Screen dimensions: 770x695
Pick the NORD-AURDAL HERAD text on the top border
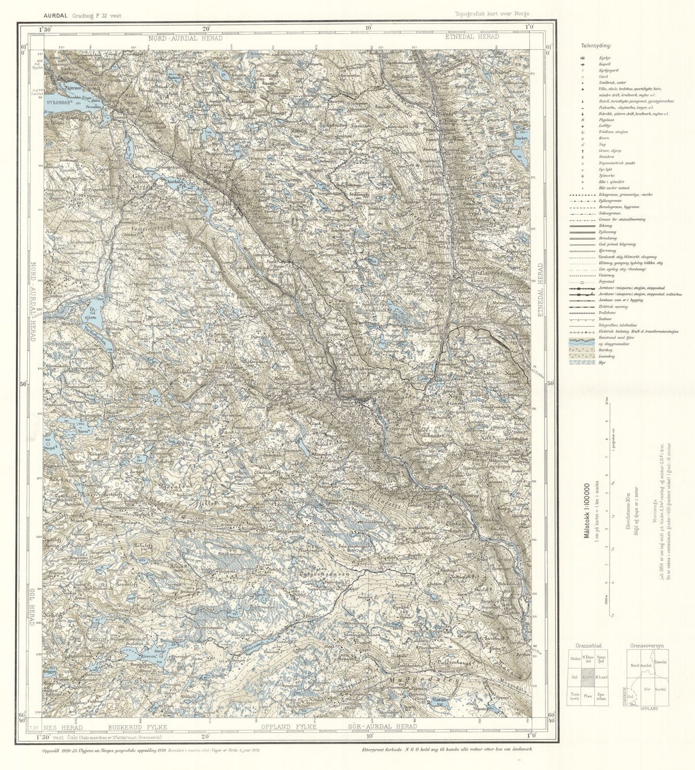(x=185, y=37)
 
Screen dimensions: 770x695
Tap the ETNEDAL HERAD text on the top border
(x=471, y=37)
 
